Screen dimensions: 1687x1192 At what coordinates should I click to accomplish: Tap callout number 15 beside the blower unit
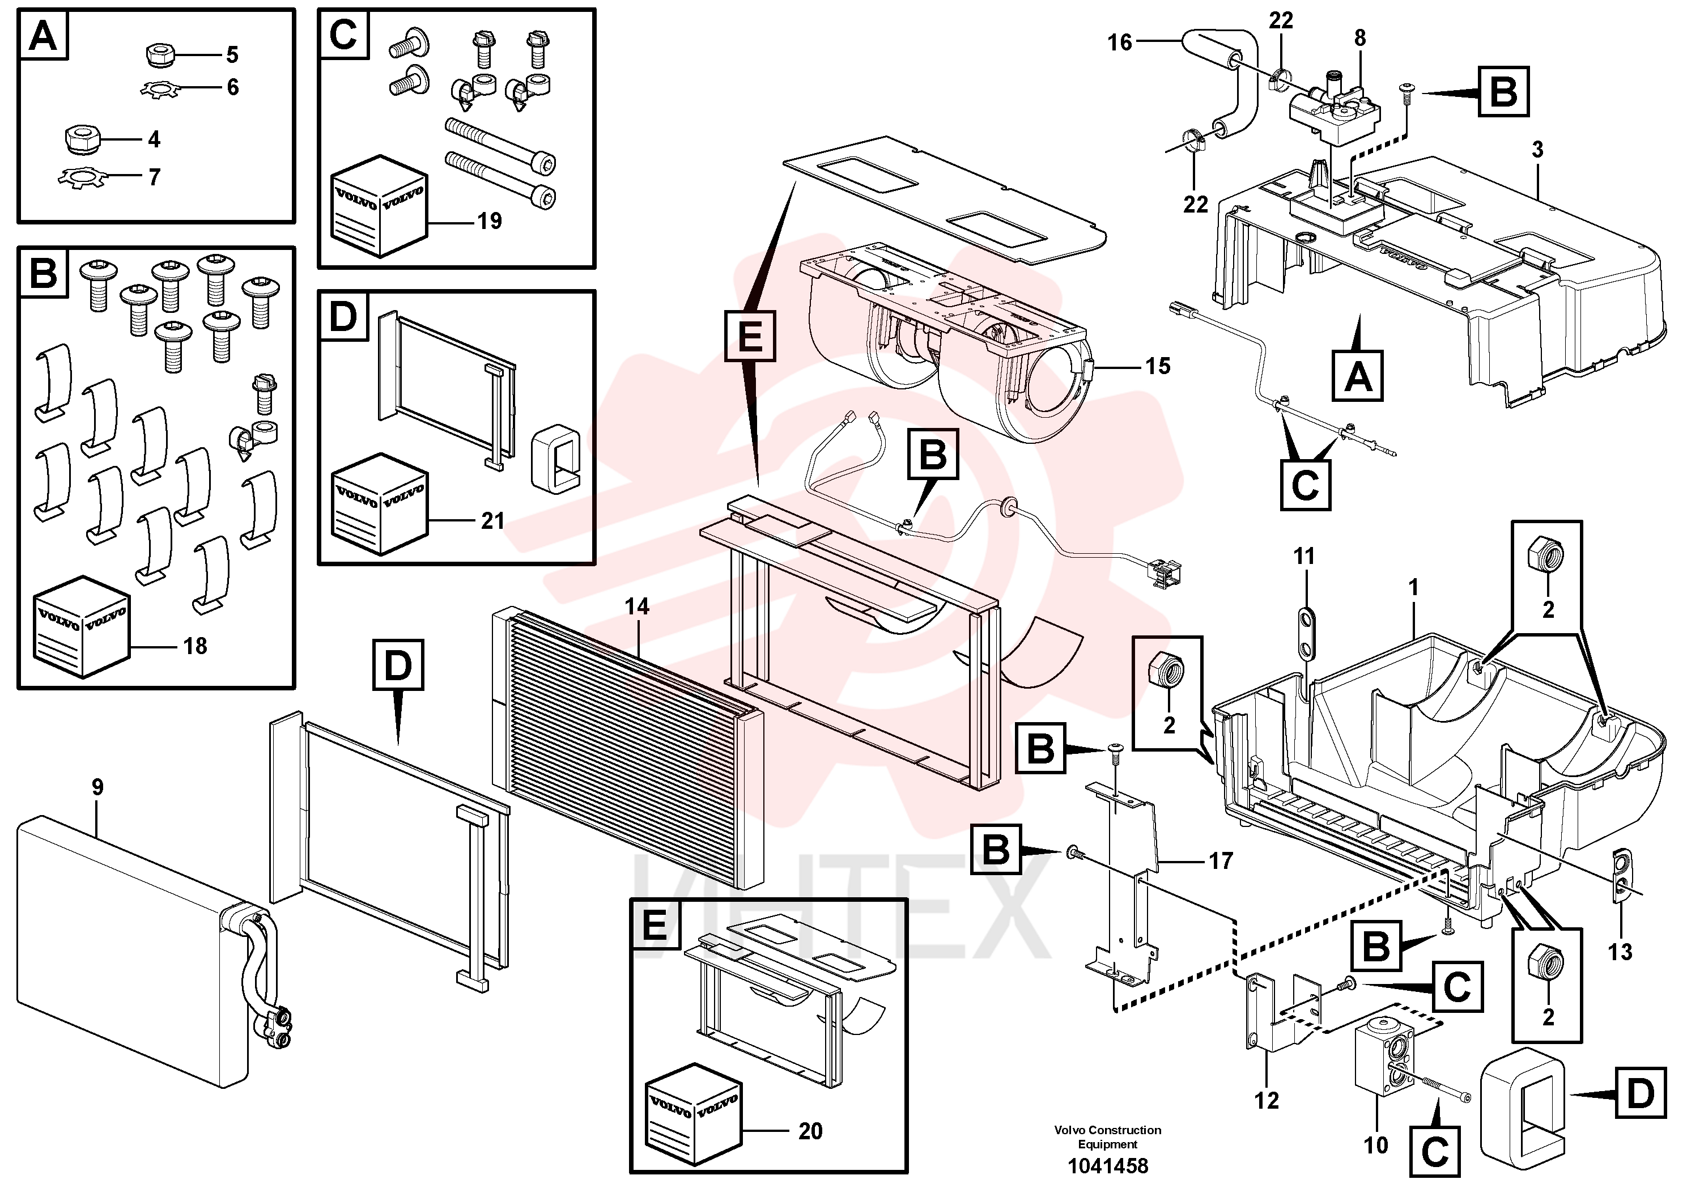point(1157,366)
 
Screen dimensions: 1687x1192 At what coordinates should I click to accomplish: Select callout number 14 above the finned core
point(637,606)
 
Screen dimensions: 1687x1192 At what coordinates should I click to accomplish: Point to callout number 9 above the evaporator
point(97,787)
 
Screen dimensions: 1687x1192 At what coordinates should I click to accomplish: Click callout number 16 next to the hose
point(1120,43)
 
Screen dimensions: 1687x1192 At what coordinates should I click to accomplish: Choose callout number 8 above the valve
point(1360,38)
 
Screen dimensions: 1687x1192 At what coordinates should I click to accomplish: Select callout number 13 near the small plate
point(1620,952)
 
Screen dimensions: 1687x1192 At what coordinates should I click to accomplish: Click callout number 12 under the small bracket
point(1267,1100)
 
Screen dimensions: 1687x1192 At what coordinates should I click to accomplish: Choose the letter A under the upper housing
point(1358,377)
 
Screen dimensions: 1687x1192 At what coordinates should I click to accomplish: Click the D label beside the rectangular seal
point(1640,1095)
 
